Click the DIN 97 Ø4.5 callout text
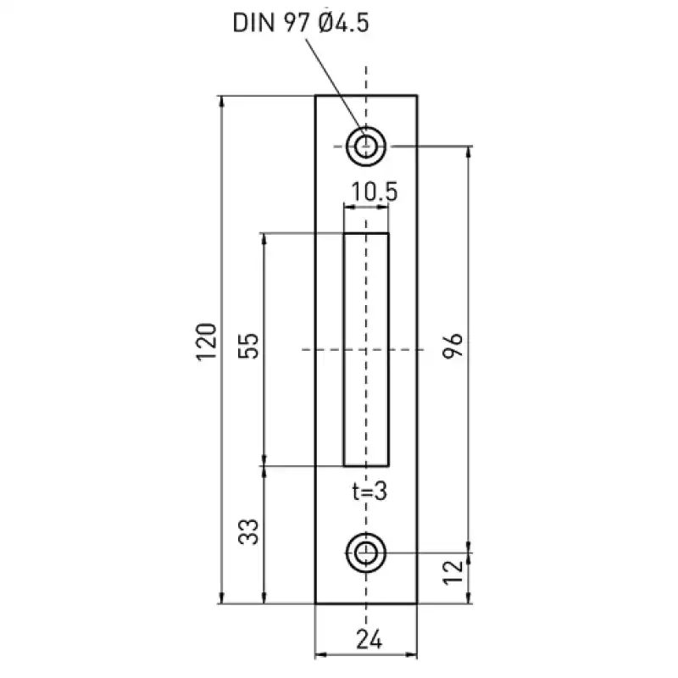pyautogui.click(x=301, y=23)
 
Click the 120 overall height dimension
pyautogui.click(x=206, y=342)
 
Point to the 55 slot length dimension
pyautogui.click(x=248, y=346)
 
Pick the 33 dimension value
pyautogui.click(x=248, y=531)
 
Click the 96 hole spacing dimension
pyautogui.click(x=453, y=346)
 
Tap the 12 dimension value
pyautogui.click(x=453, y=573)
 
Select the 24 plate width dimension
pyautogui.click(x=370, y=639)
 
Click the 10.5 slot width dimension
pyautogui.click(x=374, y=192)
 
